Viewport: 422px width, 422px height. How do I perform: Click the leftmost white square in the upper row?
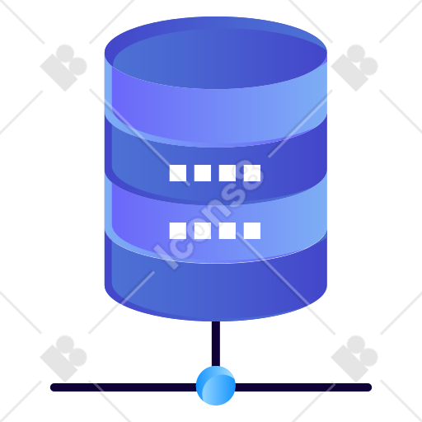[178, 173]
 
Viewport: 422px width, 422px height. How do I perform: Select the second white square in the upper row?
[203, 173]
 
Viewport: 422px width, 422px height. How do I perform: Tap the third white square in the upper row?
[227, 173]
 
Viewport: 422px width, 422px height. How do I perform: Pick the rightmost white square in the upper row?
[252, 173]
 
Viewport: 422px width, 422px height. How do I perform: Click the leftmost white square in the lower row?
[178, 231]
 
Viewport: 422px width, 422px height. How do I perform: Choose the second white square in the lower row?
[203, 231]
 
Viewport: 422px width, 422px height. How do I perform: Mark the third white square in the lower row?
[227, 231]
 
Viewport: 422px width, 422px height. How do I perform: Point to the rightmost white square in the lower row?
[252, 231]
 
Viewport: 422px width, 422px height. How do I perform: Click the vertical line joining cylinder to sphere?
[216, 344]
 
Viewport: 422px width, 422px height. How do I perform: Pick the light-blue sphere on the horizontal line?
[216, 386]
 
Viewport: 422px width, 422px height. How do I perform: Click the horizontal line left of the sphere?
[124, 387]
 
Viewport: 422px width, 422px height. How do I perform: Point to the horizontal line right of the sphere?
[303, 387]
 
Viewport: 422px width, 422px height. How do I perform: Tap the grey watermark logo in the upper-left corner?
[63, 68]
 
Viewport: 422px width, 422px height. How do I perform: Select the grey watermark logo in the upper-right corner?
[354, 68]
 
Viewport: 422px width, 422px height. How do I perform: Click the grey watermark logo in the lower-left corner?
[63, 359]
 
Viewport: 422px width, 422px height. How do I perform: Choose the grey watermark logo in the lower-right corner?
[354, 359]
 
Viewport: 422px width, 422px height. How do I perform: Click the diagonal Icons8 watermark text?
[209, 214]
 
